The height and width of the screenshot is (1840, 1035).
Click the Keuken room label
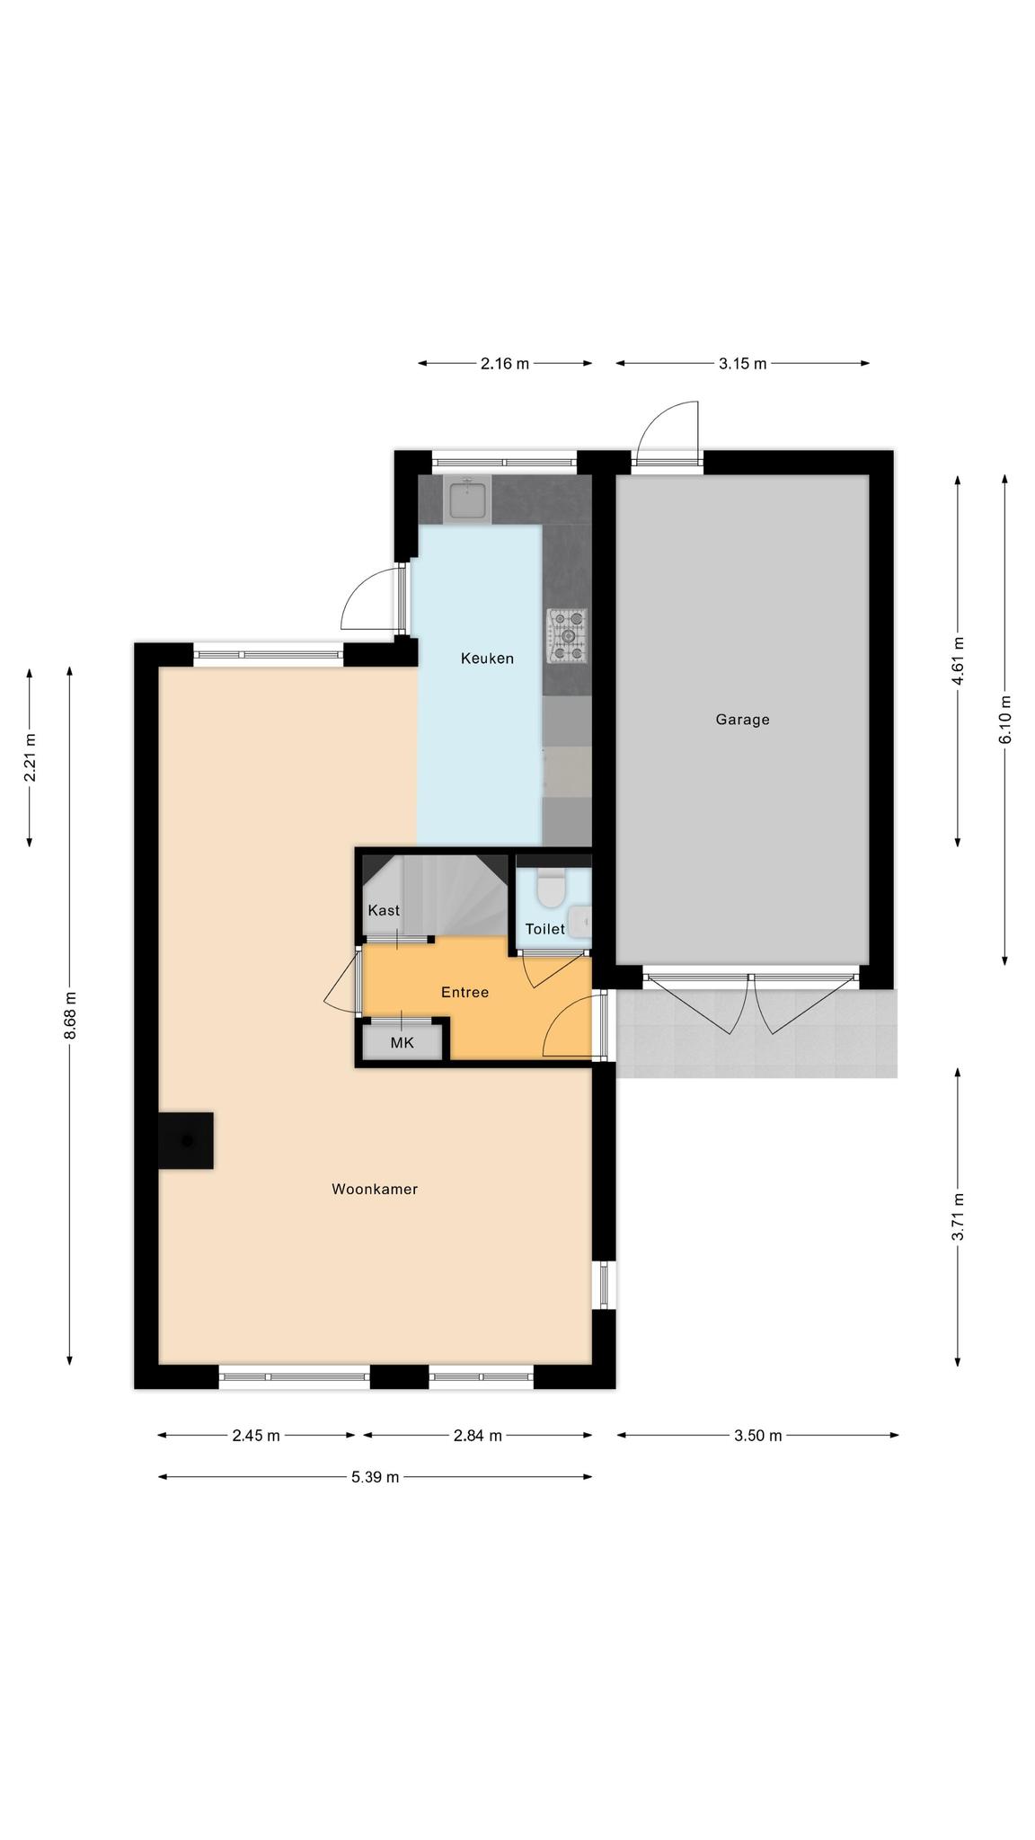tap(487, 659)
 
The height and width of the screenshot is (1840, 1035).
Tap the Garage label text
tap(742, 720)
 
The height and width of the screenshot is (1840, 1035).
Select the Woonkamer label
tap(375, 1190)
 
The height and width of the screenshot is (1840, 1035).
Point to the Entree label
tap(464, 993)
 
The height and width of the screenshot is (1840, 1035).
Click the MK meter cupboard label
tap(402, 1043)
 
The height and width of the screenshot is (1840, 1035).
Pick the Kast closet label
tap(384, 910)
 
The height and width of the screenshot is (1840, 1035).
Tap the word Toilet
tap(545, 929)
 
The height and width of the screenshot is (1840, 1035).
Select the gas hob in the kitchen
tap(567, 636)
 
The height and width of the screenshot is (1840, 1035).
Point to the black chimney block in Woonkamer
tap(186, 1141)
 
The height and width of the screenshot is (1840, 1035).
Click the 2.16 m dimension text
tap(505, 364)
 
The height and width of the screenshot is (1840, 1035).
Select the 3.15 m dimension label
tap(743, 364)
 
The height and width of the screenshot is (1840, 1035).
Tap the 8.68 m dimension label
tap(70, 1016)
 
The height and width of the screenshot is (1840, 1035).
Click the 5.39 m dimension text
tap(375, 1477)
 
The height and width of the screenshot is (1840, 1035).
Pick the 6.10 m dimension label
tap(1004, 720)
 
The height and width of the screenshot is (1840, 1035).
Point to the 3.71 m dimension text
tap(958, 1216)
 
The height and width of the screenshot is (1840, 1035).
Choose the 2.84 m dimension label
tap(477, 1436)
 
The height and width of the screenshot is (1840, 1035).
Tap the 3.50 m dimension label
tap(758, 1436)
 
